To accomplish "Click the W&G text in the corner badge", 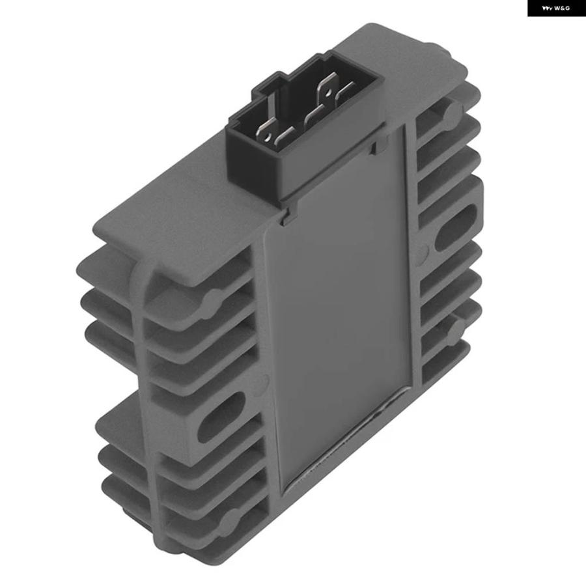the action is tap(562, 8).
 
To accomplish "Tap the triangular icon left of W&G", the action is tap(547, 8).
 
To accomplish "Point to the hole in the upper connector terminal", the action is tap(328, 91).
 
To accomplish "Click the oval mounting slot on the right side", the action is tap(456, 227).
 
